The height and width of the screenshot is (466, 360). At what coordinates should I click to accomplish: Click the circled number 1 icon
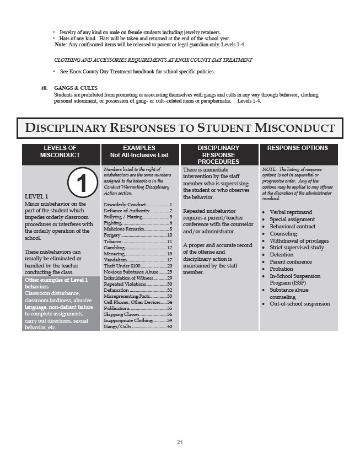[83, 183]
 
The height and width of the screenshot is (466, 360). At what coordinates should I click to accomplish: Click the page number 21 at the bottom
[180, 442]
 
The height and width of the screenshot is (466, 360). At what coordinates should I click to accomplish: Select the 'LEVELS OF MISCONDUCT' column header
[61, 152]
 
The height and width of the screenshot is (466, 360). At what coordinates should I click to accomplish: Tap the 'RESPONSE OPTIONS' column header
[298, 148]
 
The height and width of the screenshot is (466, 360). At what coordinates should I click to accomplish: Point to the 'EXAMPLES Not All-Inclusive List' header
[139, 152]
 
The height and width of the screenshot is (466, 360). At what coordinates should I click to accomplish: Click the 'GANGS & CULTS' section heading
[76, 88]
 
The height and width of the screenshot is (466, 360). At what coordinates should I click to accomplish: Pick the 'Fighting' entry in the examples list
[113, 222]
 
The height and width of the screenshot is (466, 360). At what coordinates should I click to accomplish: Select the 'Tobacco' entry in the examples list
[113, 242]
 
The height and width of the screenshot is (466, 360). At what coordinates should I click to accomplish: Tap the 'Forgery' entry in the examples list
[112, 235]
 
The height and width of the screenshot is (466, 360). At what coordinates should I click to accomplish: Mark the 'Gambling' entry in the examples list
[114, 248]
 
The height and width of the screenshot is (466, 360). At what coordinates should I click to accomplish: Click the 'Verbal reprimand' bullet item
[291, 212]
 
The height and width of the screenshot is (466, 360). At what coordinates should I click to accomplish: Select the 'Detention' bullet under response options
[281, 255]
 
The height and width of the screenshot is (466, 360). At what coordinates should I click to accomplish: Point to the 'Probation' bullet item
[281, 269]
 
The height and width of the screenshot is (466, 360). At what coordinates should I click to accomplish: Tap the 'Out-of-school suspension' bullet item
[299, 304]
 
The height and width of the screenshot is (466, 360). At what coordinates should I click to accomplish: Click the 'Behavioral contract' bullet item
[292, 227]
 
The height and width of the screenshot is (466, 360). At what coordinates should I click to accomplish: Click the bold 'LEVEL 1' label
[36, 196]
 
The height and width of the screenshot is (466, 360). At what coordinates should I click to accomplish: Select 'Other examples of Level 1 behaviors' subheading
[56, 283]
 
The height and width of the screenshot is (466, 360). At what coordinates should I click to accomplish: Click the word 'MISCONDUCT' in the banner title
[295, 128]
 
